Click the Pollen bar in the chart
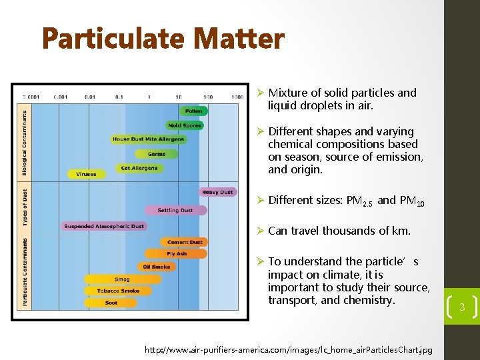click(193, 111)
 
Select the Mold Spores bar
click(184, 125)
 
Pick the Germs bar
click(157, 154)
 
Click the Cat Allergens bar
click(140, 168)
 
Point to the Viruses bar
click(86, 174)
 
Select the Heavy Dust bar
click(218, 192)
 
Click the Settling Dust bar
click(175, 210)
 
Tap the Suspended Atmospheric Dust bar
click(104, 226)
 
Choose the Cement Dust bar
click(185, 242)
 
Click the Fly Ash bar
click(177, 254)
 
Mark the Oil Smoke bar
click(157, 267)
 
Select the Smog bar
click(122, 279)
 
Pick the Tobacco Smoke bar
click(119, 291)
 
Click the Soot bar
click(111, 303)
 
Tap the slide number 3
click(461, 307)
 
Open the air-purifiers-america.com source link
click(289, 349)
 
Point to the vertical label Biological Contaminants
click(25, 143)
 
